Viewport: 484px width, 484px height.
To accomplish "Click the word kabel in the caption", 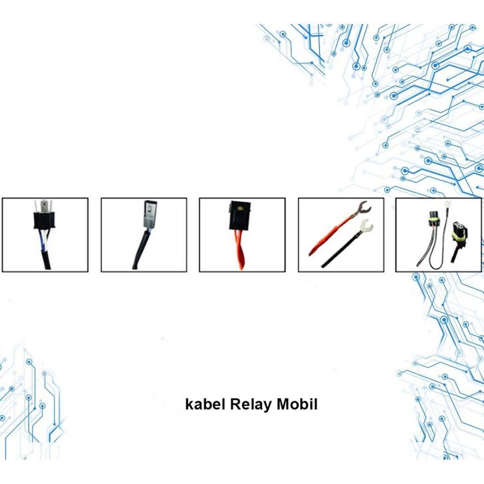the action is coord(204,404).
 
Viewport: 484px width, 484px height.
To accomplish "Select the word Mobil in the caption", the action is coord(289,404).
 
